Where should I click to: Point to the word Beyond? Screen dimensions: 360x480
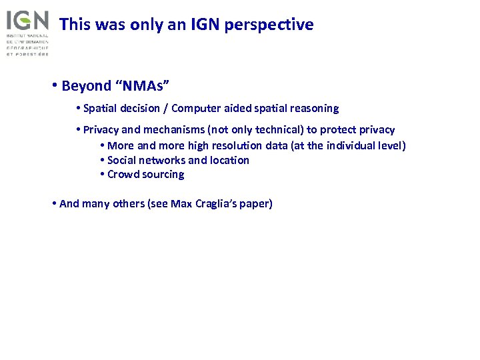[86, 86]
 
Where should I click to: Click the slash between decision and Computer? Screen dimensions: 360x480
[165, 108]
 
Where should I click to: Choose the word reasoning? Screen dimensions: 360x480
[313, 108]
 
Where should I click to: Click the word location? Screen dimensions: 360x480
[229, 160]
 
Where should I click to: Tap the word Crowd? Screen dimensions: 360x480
[123, 175]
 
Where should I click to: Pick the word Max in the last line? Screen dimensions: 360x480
[181, 204]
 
